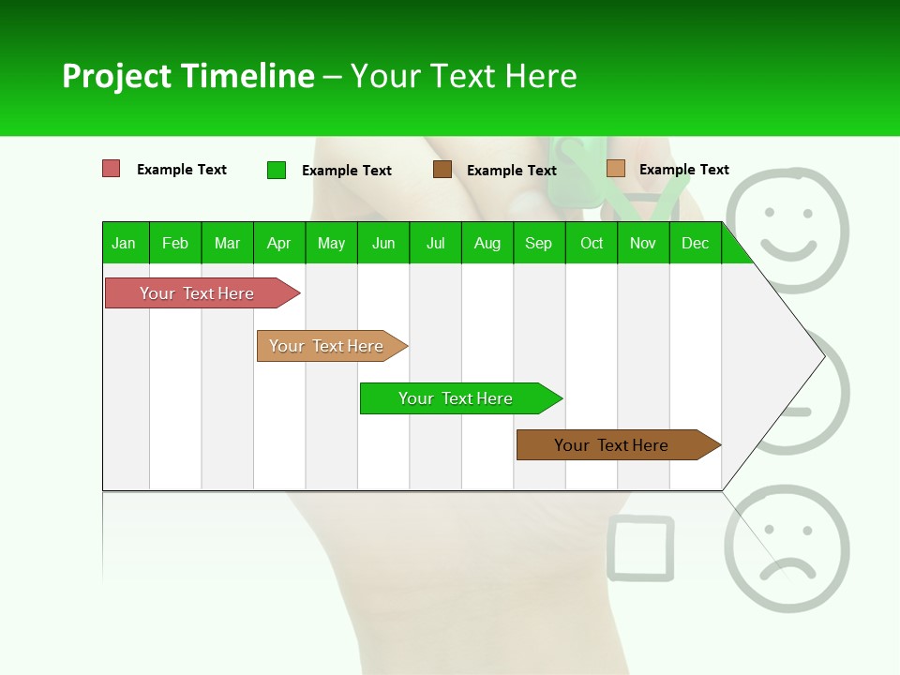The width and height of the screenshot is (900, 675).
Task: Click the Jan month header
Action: tap(124, 243)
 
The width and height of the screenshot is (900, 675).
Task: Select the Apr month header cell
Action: tap(279, 243)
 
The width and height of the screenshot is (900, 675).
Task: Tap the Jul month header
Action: tap(435, 243)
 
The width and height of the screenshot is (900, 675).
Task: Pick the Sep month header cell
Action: tap(538, 243)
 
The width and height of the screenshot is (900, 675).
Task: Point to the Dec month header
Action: tap(695, 243)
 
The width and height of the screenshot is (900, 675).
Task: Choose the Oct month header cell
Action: tap(592, 243)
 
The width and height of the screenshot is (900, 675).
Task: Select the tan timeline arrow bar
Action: tap(329, 346)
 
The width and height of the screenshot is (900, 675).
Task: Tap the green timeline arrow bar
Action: tap(457, 398)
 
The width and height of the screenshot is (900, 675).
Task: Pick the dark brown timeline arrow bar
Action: tap(614, 445)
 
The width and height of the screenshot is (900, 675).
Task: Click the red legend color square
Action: tap(111, 169)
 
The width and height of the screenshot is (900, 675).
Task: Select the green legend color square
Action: tap(276, 170)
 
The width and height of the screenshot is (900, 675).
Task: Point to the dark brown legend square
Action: tap(442, 170)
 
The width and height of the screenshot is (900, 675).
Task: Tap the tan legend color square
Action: tap(615, 169)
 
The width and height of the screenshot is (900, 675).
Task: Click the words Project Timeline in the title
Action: tap(187, 76)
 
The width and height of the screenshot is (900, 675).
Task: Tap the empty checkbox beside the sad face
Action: tap(640, 547)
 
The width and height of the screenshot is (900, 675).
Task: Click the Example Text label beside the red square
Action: tap(182, 170)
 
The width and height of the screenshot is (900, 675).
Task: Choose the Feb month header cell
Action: tap(175, 243)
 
